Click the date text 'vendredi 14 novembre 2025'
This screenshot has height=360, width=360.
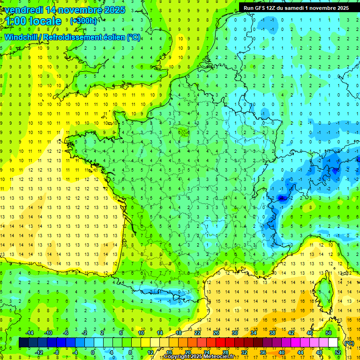click(x=65, y=10)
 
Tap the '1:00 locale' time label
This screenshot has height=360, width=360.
click(x=34, y=21)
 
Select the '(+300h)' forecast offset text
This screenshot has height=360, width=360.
click(x=84, y=21)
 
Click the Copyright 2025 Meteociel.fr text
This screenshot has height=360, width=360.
click(x=199, y=357)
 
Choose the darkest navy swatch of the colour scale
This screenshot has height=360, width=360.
click(x=23, y=343)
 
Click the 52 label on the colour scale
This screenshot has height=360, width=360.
click(x=338, y=352)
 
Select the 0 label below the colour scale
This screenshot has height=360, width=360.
click(x=93, y=352)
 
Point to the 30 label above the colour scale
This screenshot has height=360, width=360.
click(x=234, y=332)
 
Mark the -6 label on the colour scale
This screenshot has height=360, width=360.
click(x=66, y=332)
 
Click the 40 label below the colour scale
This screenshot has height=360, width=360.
click(x=281, y=352)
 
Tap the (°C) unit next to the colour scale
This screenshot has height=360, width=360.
click(x=349, y=343)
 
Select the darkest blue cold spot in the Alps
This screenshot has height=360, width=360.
click(x=282, y=198)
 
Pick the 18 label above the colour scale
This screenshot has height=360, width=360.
click(x=178, y=332)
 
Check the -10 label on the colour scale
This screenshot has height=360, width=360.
click(x=48, y=332)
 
